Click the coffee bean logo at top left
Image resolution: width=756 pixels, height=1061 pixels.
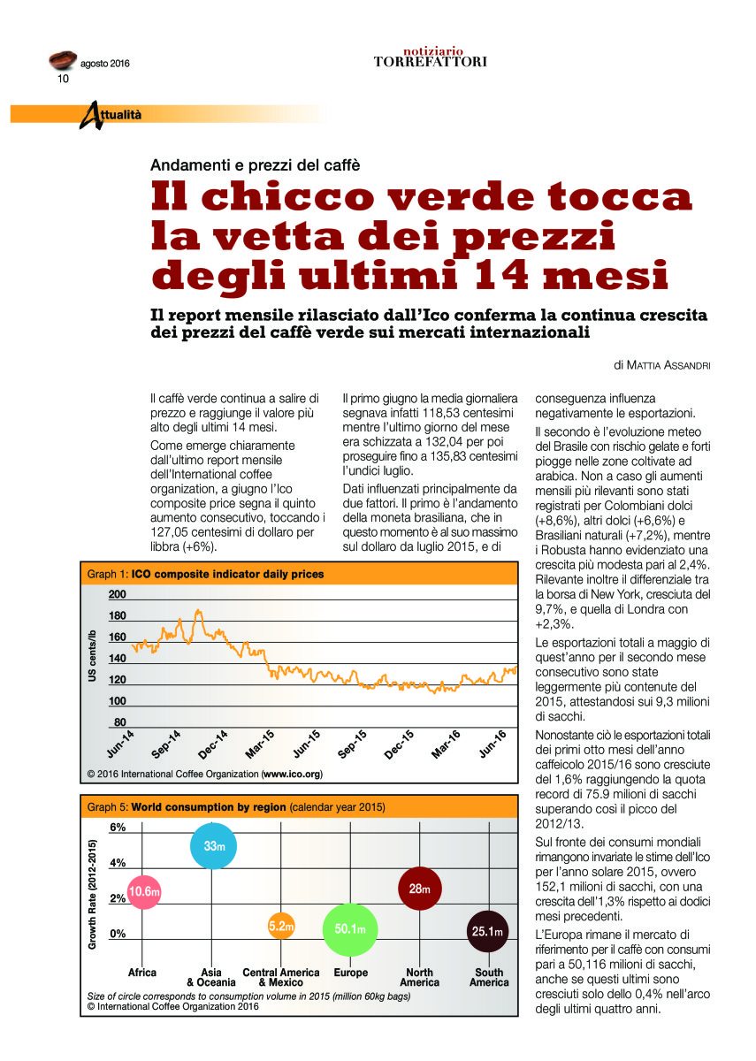[x=61, y=61]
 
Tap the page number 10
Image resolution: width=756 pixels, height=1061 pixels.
[x=64, y=79]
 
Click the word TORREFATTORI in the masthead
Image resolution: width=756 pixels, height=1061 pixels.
[x=430, y=62]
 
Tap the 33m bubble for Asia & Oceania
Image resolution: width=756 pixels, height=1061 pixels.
[x=214, y=846]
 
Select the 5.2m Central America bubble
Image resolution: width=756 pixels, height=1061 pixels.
[x=280, y=927]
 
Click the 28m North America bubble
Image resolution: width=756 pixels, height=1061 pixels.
[x=420, y=889]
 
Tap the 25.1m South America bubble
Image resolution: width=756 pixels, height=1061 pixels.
[x=488, y=931]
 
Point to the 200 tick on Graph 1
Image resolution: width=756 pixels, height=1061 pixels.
[x=118, y=595]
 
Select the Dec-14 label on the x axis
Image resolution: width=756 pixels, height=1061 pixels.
[x=213, y=744]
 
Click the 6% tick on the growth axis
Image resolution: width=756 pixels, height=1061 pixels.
[x=118, y=828]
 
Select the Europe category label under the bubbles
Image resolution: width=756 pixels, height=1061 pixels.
[x=351, y=973]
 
